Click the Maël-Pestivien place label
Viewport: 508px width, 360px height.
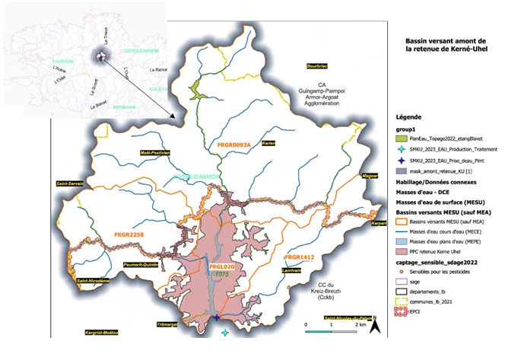pos(155,152)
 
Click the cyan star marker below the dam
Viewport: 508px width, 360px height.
pos(224,333)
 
